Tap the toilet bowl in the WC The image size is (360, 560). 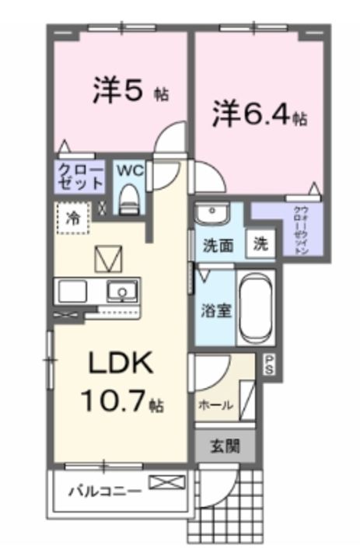(129, 198)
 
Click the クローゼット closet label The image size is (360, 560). (81, 177)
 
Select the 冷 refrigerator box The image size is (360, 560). (72, 219)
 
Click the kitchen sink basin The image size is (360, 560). (121, 292)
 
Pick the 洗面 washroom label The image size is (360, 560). (218, 246)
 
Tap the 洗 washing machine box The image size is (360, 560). (259, 243)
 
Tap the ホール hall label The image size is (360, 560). (213, 405)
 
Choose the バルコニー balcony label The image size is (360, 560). (104, 491)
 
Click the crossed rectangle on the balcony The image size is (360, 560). (166, 484)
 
